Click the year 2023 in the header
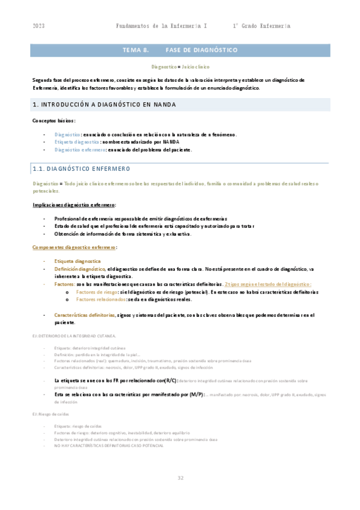(x=39, y=26)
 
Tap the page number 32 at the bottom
(x=180, y=478)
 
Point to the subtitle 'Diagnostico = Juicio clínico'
(x=180, y=67)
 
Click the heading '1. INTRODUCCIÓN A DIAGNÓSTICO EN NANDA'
(x=104, y=105)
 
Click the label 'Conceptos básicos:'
(x=54, y=121)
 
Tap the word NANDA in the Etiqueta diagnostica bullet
(x=171, y=142)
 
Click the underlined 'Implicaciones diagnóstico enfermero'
(x=74, y=205)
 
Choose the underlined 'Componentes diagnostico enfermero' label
(x=74, y=247)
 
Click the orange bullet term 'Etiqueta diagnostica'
(x=78, y=262)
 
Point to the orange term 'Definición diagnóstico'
(x=80, y=269)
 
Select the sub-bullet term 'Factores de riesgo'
(x=97, y=291)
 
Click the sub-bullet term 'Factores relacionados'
(x=101, y=299)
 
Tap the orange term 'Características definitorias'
(x=84, y=315)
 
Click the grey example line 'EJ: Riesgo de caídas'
(x=50, y=414)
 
